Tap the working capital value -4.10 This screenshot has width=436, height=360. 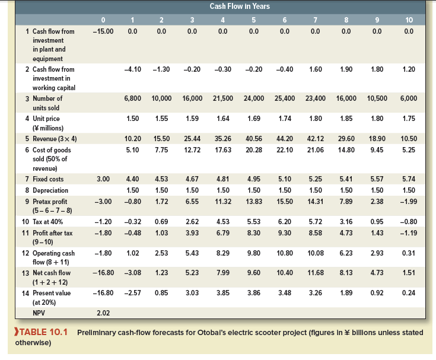[133, 69]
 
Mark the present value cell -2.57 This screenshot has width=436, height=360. [133, 292]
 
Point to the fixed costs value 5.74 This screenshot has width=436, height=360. [408, 179]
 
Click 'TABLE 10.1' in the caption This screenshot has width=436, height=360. [42, 333]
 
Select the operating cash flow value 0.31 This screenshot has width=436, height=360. [408, 253]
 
